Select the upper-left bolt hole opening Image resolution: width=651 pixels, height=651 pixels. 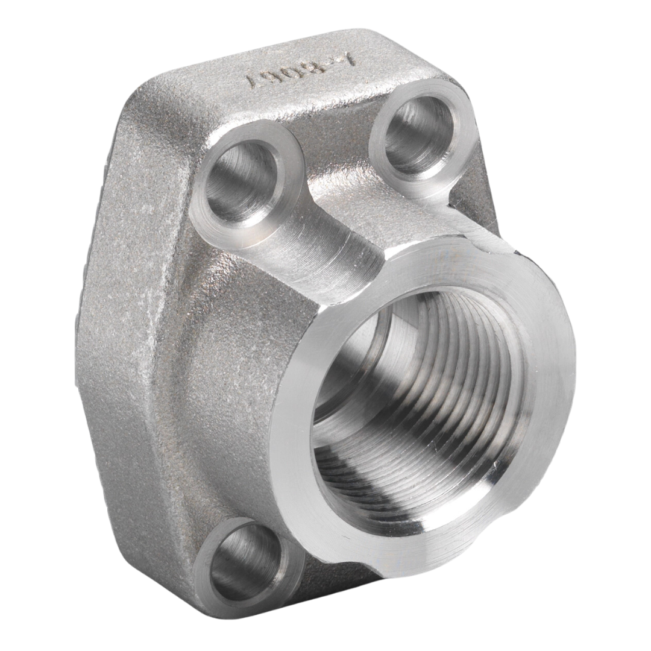pyautogui.click(x=241, y=181)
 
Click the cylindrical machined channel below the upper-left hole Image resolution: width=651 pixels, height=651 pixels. pyautogui.click(x=325, y=253)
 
